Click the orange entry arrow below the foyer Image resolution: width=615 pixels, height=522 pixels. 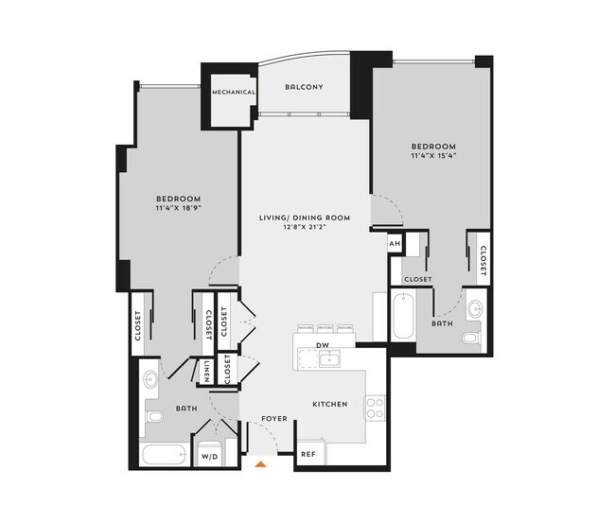tap(262, 463)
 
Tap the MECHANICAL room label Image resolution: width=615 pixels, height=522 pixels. tap(233, 93)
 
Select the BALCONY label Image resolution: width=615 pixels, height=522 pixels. tap(304, 87)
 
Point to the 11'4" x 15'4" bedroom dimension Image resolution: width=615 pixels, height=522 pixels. tap(433, 156)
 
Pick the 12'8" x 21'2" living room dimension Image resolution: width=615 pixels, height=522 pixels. tap(305, 227)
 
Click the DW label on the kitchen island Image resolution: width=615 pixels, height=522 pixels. tap(322, 345)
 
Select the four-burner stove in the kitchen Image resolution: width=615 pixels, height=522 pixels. tap(375, 408)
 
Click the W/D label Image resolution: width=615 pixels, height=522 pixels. tap(209, 456)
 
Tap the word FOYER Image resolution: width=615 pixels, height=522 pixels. tap(274, 418)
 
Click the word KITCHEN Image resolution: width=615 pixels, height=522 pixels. tap(330, 404)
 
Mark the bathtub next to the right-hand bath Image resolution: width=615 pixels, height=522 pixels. tap(402, 317)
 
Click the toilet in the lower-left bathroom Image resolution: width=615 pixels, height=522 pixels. tap(154, 416)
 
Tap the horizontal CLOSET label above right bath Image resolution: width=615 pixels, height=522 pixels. tap(418, 280)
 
